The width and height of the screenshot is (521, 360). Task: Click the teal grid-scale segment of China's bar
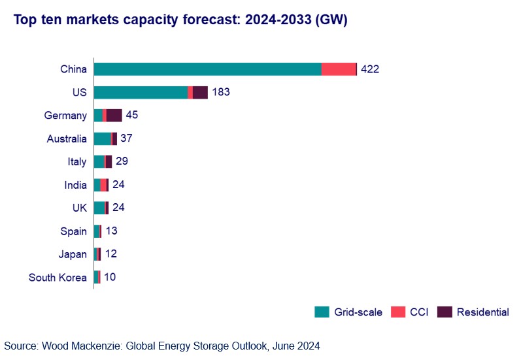pyautogui.click(x=208, y=69)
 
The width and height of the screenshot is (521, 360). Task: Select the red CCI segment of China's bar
pyautogui.click(x=339, y=69)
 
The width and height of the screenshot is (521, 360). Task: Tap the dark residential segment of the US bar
pyautogui.click(x=200, y=93)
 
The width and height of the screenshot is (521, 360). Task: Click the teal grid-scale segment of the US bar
pyautogui.click(x=141, y=93)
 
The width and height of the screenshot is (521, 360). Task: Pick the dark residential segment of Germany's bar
pyautogui.click(x=114, y=116)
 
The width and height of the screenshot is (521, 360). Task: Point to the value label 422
pyautogui.click(x=370, y=69)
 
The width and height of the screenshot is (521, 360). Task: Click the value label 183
pyautogui.click(x=221, y=93)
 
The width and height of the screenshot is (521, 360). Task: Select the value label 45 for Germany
pyautogui.click(x=132, y=116)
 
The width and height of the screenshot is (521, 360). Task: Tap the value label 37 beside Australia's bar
pyautogui.click(x=127, y=139)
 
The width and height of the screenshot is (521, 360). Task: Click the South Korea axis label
pyautogui.click(x=58, y=278)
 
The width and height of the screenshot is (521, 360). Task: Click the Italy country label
pyautogui.click(x=76, y=162)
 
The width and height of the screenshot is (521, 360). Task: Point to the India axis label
pyautogui.click(x=75, y=185)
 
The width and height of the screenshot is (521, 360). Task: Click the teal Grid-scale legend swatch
pyautogui.click(x=322, y=312)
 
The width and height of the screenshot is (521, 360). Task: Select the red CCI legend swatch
pyautogui.click(x=397, y=312)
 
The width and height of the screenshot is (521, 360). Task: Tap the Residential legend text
pyautogui.click(x=482, y=312)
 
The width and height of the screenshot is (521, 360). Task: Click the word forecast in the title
pyautogui.click(x=195, y=20)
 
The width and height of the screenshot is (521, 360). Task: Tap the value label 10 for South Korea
pyautogui.click(x=110, y=278)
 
